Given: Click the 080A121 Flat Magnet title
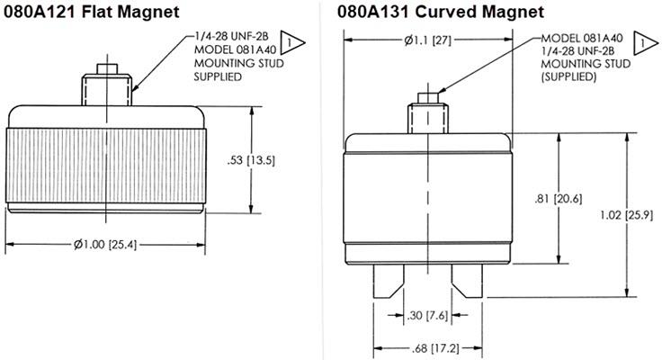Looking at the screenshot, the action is tap(91, 12).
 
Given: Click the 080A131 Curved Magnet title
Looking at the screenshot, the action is tap(441, 12).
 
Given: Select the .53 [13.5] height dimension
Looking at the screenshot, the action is tap(251, 160).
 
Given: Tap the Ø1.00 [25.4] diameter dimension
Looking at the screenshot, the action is tap(105, 245).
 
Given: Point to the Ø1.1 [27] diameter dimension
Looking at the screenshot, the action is tap(427, 40).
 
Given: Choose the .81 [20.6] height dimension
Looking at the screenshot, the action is tap(559, 199).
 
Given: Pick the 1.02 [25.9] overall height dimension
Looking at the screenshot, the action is tap(627, 215).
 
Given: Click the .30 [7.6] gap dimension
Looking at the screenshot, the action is tap(427, 315).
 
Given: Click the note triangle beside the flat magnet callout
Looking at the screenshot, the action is tap(291, 42).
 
